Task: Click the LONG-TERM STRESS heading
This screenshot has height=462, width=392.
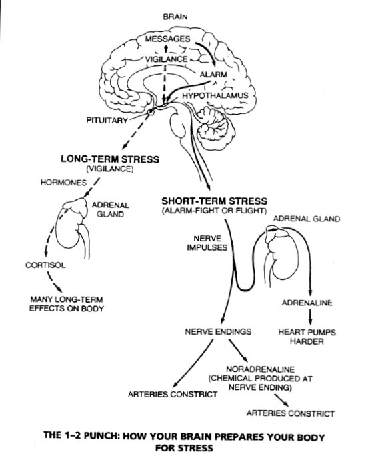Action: [109, 159]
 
